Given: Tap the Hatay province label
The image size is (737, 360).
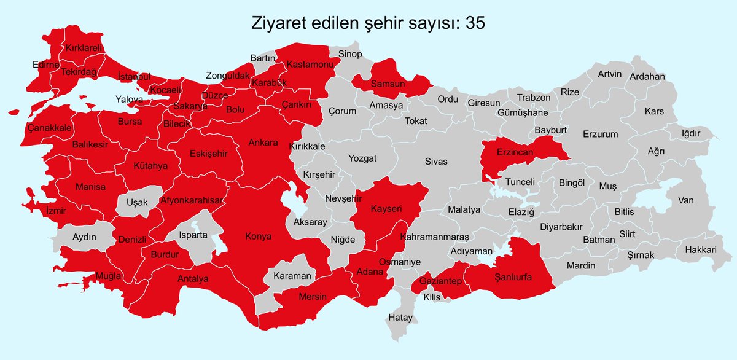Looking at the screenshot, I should click(400, 318).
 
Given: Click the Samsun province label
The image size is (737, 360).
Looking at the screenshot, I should click(387, 84).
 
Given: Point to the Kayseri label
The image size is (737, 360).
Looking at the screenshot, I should click(386, 209).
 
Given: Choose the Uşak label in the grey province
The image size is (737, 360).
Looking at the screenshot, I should click(136, 202).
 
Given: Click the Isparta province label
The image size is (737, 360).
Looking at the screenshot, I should click(192, 235).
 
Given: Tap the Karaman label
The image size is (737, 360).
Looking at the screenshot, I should click(292, 276).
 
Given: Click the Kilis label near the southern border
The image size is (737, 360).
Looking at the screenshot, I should click(432, 297).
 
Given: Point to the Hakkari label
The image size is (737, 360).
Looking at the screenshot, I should click(700, 251).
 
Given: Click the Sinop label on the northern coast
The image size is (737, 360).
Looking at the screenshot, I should click(350, 55).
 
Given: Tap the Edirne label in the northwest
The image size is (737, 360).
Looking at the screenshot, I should click(46, 65).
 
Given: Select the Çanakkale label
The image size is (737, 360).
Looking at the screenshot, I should click(50, 128).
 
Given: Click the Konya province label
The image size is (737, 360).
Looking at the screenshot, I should click(258, 236).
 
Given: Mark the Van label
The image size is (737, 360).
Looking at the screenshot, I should click(685, 200).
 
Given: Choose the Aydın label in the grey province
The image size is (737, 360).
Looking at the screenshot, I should click(84, 237).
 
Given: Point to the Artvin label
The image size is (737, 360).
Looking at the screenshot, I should click(610, 74).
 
